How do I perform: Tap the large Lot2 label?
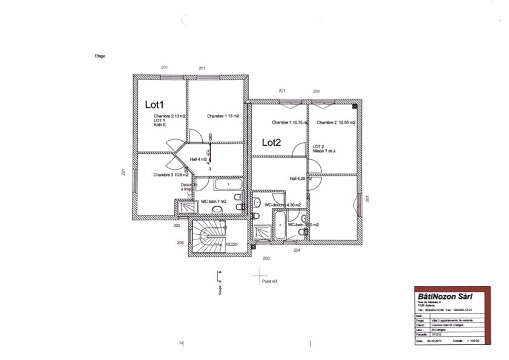[x=272, y=143]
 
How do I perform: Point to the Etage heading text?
[x=100, y=56]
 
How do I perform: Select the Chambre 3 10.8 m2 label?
[x=171, y=175]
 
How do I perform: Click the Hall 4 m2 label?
[x=198, y=159]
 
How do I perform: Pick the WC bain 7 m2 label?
[x=213, y=201]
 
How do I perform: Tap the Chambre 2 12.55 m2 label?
[x=336, y=122]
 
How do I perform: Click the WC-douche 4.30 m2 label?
[x=283, y=205]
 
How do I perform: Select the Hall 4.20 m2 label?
[x=301, y=178]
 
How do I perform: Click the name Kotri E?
[x=160, y=125]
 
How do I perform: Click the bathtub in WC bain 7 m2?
[x=228, y=183]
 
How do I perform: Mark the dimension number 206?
[x=180, y=242]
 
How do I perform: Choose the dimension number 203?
[x=266, y=258]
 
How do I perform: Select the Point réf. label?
[x=269, y=281]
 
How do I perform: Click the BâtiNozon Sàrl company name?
[x=445, y=296]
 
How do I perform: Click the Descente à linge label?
[x=189, y=187]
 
